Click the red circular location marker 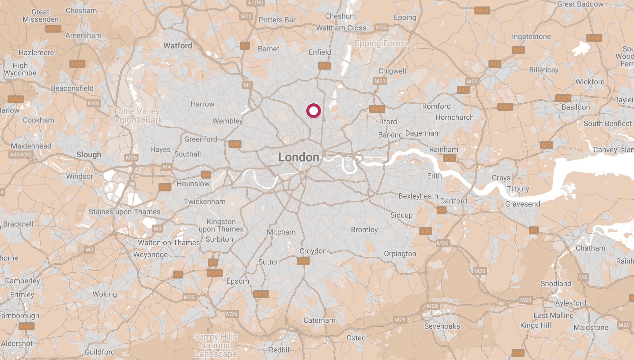click(313, 111)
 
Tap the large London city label click(298, 157)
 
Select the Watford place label click(178, 46)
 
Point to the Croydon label click(313, 251)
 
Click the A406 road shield click(377, 109)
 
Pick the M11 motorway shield click(380, 81)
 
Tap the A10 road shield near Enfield click(324, 65)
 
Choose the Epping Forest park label click(381, 43)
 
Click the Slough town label click(89, 155)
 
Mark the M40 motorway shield click(93, 103)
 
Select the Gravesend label click(522, 204)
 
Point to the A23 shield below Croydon click(303, 261)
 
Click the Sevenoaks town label click(442, 326)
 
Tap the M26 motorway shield click(432, 306)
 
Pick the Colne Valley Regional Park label click(136, 115)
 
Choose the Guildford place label click(100, 352)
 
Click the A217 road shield click(261, 294)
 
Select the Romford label click(436, 106)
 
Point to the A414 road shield click(482, 10)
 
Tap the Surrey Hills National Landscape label click(216, 345)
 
